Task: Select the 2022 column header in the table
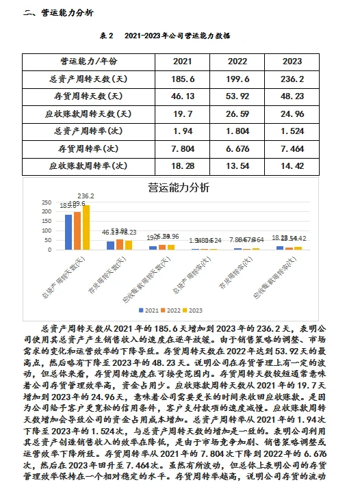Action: (x=236, y=61)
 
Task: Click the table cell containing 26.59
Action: (x=236, y=113)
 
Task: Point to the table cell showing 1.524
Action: (x=292, y=130)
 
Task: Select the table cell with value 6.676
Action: (x=236, y=148)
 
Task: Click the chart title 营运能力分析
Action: (x=179, y=187)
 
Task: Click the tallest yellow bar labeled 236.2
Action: (x=86, y=226)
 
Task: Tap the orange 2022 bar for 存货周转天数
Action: (x=119, y=244)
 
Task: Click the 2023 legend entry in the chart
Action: (x=196, y=309)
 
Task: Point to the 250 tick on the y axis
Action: (x=47, y=202)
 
